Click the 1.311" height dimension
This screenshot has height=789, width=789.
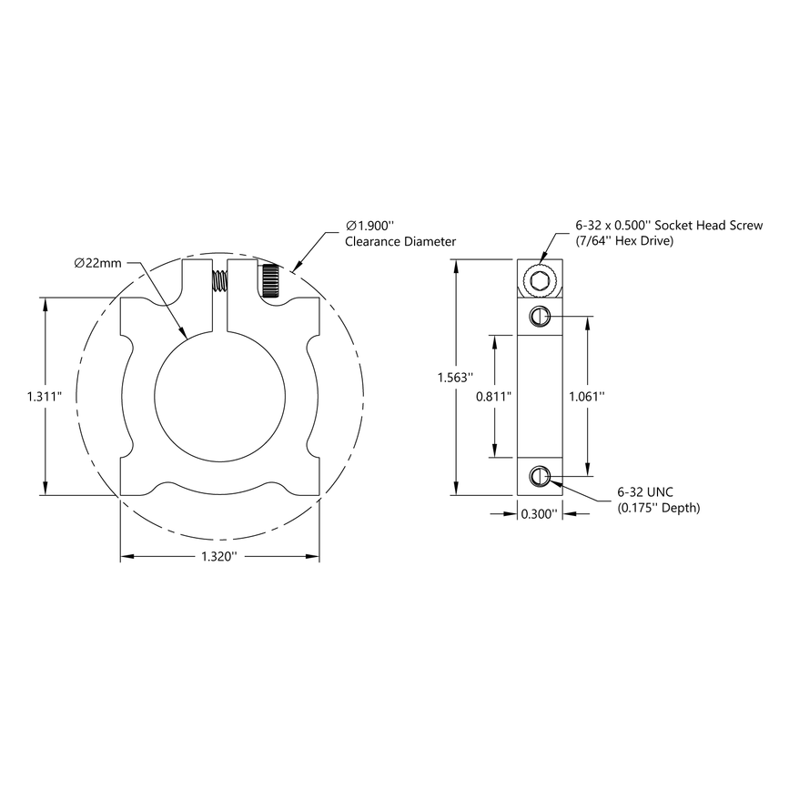[43, 397]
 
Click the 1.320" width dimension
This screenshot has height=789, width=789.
[219, 556]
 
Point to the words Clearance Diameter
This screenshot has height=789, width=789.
[400, 242]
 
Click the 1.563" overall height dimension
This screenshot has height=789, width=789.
[454, 378]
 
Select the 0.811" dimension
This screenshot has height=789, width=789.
[494, 396]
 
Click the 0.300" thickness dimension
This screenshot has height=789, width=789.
[539, 514]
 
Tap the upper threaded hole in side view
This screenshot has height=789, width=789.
[539, 316]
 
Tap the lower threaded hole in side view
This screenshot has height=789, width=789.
[539, 475]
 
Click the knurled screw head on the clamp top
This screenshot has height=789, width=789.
[270, 282]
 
